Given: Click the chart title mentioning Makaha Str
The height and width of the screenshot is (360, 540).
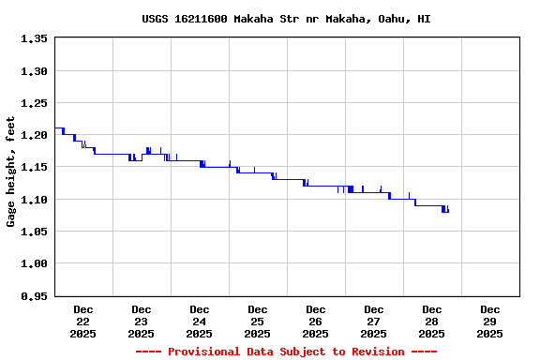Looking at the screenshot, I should (x=286, y=19).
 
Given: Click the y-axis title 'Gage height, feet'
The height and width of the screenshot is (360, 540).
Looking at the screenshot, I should (x=11, y=179).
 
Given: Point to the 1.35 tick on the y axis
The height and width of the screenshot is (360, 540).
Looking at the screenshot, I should (x=34, y=39).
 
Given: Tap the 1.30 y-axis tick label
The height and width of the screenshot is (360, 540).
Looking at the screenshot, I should (x=34, y=71).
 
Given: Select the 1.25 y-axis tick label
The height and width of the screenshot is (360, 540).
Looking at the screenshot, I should (x=34, y=103).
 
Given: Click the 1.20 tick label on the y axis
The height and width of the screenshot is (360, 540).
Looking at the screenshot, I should (x=34, y=136).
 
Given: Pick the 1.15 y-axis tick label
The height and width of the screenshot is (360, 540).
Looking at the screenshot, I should (x=34, y=168).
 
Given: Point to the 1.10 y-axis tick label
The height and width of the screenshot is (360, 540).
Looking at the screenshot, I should (x=34, y=200).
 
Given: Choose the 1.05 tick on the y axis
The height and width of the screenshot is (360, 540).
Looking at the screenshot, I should (x=34, y=232).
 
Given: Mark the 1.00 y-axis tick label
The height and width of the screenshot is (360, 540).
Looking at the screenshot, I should (x=34, y=264).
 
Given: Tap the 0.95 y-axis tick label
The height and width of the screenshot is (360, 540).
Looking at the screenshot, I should (x=34, y=296).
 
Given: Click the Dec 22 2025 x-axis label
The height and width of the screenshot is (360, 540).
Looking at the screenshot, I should (x=83, y=321).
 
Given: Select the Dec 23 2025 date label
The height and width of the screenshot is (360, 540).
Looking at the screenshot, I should (x=142, y=321).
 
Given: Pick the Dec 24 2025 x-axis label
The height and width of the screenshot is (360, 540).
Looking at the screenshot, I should (x=200, y=321).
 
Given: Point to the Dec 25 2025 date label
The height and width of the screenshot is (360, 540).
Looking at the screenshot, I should (x=258, y=321).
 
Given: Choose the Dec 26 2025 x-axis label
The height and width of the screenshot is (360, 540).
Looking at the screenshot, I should (x=316, y=321).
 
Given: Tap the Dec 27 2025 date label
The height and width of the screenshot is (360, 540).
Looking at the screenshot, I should (x=374, y=321).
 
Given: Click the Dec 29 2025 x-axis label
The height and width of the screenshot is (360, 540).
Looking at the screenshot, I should (x=490, y=321).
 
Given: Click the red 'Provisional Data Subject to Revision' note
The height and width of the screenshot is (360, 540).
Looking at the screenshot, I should (x=286, y=352).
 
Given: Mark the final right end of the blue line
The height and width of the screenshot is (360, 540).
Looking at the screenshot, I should (x=448, y=211).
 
